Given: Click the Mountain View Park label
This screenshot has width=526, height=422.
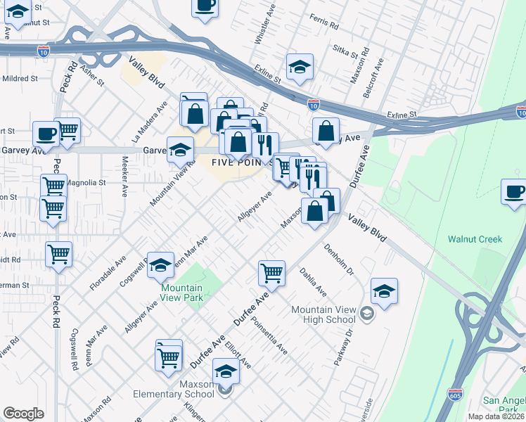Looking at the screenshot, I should click(x=181, y=293).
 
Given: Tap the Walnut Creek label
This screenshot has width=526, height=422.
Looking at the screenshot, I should click(x=475, y=239).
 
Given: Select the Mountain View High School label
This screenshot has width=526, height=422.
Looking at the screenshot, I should click(x=323, y=314).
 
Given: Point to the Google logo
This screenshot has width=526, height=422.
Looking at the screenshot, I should click(x=23, y=414).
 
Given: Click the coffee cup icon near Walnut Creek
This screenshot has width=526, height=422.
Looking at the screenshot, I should click(x=514, y=191).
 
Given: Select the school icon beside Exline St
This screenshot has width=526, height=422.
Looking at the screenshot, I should click(x=300, y=67).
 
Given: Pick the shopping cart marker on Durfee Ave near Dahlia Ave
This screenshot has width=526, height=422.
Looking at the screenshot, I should click(x=271, y=271).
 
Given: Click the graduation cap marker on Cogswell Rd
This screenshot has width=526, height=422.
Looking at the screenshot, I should click(x=160, y=264).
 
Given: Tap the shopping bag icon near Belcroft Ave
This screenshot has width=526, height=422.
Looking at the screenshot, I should click(x=326, y=130).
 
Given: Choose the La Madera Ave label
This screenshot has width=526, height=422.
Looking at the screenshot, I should click(x=156, y=116).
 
